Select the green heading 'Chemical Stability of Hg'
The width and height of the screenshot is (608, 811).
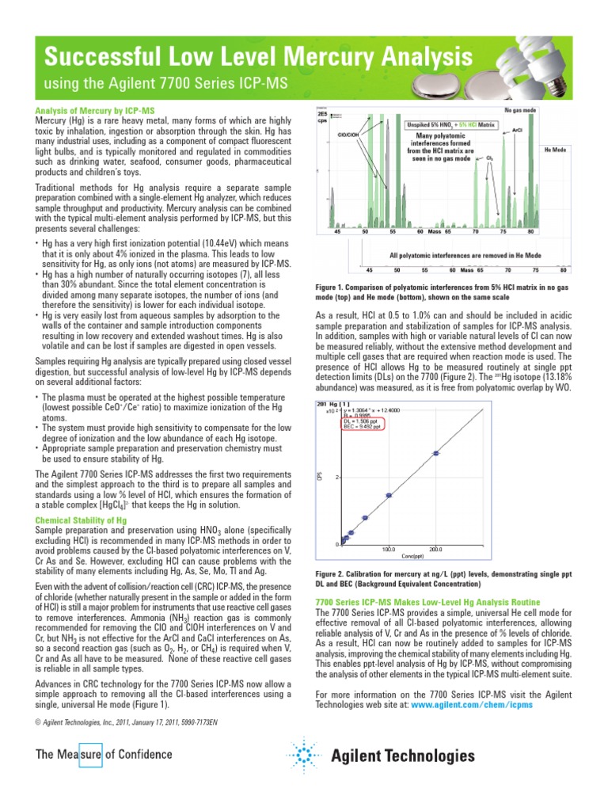pos(82,520)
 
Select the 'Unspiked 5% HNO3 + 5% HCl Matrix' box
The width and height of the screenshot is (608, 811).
pos(450,124)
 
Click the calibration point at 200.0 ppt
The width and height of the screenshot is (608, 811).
pos(435,454)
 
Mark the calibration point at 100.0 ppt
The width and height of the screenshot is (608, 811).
pos(389,496)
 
